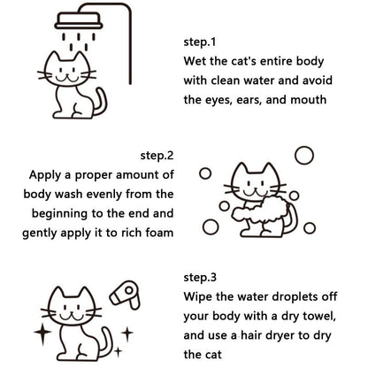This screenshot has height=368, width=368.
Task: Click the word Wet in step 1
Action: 197,61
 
